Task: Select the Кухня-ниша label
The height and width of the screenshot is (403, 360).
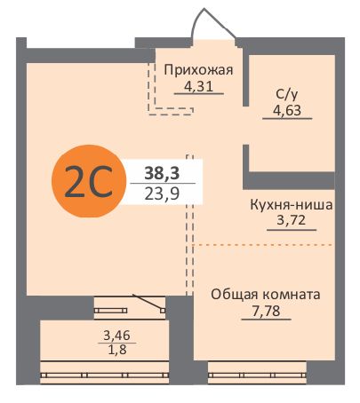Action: (x=291, y=204)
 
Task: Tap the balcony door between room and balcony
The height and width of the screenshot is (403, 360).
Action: (x=130, y=308)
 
